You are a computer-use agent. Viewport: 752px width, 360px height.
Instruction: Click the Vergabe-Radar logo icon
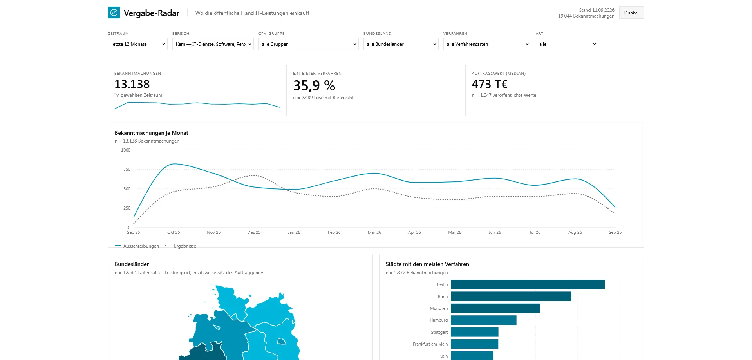point(114,13)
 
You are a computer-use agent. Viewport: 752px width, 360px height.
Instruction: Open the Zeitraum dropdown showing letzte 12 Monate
point(138,44)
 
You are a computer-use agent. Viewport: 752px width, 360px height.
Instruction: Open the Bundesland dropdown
point(401,44)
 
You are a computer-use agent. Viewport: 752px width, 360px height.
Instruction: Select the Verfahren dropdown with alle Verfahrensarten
point(487,44)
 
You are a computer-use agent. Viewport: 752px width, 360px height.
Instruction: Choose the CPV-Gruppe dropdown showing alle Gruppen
point(309,44)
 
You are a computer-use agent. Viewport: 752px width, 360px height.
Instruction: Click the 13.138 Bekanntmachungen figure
point(132,84)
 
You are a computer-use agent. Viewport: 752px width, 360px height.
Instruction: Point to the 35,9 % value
point(314,85)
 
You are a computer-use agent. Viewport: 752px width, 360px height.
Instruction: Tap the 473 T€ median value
point(490,84)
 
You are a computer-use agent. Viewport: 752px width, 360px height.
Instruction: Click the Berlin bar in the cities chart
point(528,284)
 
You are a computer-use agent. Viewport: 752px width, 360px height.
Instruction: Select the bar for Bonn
point(511,296)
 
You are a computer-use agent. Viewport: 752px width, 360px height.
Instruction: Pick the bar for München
point(495,308)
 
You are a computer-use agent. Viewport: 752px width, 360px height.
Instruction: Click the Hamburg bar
point(484,320)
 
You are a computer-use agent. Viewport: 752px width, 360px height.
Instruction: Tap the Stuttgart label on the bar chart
point(439,332)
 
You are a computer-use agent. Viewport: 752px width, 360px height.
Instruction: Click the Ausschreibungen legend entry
point(137,246)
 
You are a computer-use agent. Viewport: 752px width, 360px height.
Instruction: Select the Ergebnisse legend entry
point(181,246)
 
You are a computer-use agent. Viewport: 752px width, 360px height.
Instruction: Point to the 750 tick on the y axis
point(127,169)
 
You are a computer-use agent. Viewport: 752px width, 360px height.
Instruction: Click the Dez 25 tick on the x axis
point(254,232)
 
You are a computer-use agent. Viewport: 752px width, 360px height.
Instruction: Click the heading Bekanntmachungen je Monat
point(151,133)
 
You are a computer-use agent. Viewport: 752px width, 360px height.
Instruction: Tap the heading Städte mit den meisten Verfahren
point(427,264)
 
